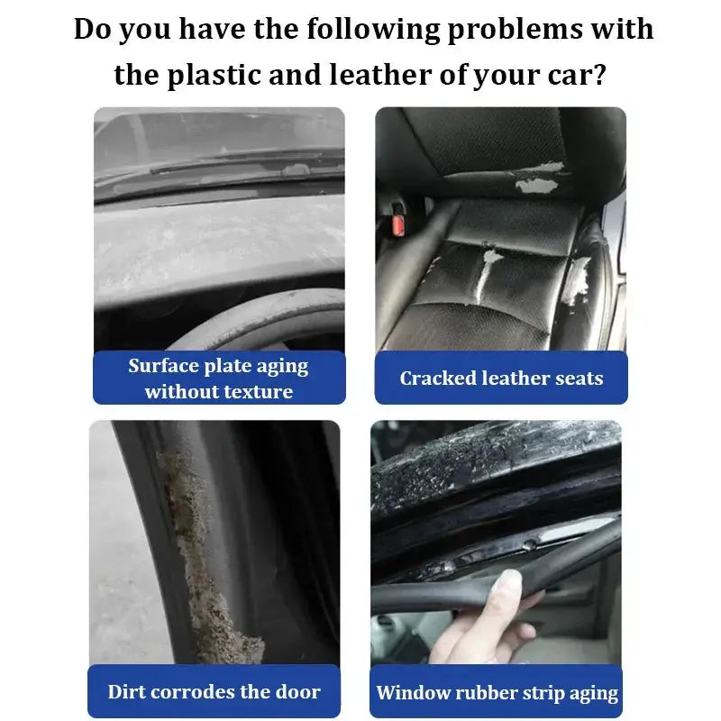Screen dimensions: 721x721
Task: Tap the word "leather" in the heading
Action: pos(380,75)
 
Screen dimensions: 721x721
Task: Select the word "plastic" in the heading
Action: pos(214,76)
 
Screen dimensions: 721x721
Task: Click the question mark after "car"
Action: pos(599,75)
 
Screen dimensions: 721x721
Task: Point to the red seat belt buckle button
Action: pos(398,224)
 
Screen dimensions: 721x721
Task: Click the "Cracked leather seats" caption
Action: pos(501,378)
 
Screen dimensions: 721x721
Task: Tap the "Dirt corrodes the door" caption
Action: pos(214,691)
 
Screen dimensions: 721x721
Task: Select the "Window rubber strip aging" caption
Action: pos(497,693)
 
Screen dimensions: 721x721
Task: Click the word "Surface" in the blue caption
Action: pos(164,366)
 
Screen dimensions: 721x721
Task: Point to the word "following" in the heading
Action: pos(373,31)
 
